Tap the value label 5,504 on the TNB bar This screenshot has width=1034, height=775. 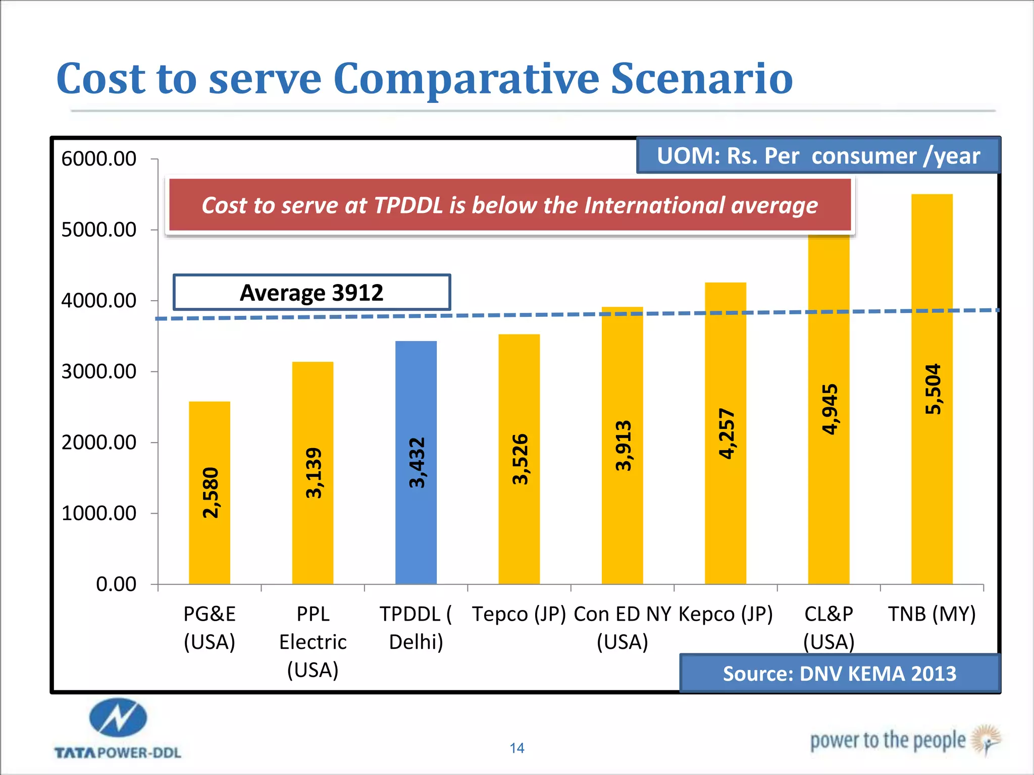coord(933,389)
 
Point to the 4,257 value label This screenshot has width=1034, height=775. coord(726,434)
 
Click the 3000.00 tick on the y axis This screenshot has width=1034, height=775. coord(99,372)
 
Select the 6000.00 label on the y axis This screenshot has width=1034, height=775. coord(99,159)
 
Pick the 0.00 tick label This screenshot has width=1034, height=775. coord(116,584)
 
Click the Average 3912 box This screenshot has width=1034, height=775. coord(312,293)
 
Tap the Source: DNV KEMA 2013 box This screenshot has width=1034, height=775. coord(839,674)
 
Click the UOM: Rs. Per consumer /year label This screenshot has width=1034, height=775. coord(818,156)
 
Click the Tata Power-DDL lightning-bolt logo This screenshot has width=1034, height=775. coord(118,717)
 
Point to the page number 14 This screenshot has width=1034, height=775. coord(516,748)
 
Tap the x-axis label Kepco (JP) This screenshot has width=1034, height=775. coord(726,614)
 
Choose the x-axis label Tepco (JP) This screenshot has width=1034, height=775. coord(519,614)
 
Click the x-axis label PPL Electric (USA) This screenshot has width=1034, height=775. coord(313,642)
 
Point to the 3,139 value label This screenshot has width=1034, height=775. coord(314,473)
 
